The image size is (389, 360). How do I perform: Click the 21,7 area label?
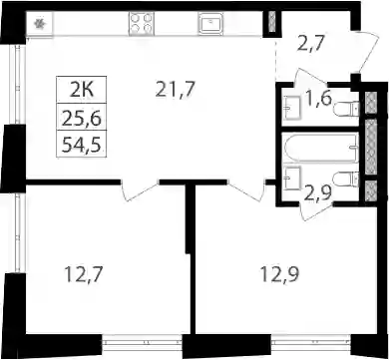click(x=175, y=90)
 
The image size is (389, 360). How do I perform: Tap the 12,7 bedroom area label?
click(x=83, y=275)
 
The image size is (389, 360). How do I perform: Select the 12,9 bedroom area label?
click(x=279, y=275)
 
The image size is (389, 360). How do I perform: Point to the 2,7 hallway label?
click(x=309, y=45)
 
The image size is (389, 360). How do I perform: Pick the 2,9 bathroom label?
click(x=318, y=191)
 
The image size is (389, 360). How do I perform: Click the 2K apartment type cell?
click(x=82, y=90)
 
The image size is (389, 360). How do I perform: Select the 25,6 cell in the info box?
click(x=82, y=117)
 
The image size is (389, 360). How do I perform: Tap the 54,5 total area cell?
click(x=82, y=144)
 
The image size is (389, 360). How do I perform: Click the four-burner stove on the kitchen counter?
click(x=142, y=23)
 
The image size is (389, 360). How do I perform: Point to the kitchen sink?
click(x=210, y=23)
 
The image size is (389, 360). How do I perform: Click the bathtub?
click(x=320, y=148)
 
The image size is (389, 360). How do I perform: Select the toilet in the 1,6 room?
click(x=346, y=109)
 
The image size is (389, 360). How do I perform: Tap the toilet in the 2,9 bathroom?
click(x=346, y=179)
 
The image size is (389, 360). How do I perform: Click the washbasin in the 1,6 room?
click(x=293, y=108)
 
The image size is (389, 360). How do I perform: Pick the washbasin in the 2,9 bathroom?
click(x=293, y=178)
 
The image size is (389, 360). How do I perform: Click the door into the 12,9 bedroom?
click(x=246, y=192)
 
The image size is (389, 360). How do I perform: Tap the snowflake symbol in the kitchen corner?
click(x=40, y=23)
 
